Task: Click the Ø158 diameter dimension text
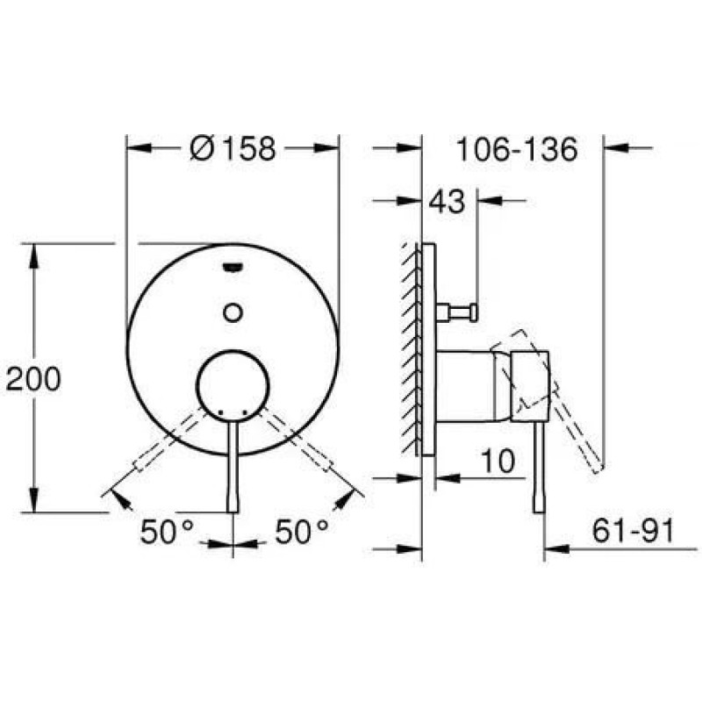pyautogui.click(x=232, y=148)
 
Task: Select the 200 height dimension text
pyautogui.click(x=33, y=379)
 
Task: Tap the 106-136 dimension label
pyautogui.click(x=517, y=149)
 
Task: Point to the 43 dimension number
pyautogui.click(x=447, y=202)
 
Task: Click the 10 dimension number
pyautogui.click(x=498, y=462)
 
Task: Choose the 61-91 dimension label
pyautogui.click(x=633, y=531)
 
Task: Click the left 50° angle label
pyautogui.click(x=167, y=532)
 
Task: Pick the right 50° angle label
pyautogui.click(x=301, y=532)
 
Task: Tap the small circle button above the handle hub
pyautogui.click(x=233, y=312)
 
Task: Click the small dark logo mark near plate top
pyautogui.click(x=233, y=268)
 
